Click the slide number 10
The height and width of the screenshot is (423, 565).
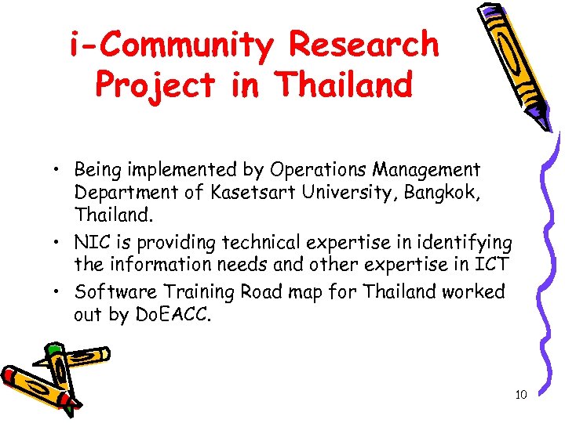coord(521,395)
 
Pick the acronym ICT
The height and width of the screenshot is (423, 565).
coord(494,265)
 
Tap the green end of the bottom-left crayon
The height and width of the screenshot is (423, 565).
coord(54,348)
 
